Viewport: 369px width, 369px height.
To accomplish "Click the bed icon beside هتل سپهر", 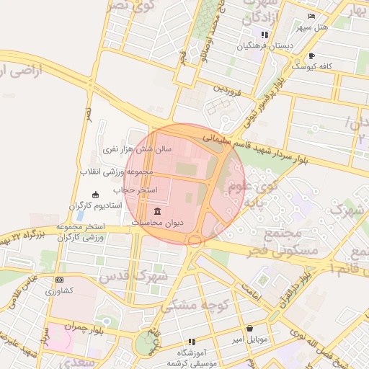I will pos(311,17).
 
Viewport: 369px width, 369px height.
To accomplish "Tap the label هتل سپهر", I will pos(311,27).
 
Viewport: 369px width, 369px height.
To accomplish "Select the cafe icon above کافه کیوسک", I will pos(311,55).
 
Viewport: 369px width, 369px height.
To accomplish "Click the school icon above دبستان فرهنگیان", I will pos(265,35).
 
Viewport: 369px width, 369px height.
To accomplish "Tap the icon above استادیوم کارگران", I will pos(96,195).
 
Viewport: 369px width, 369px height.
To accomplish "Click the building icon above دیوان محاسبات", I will pos(158,211).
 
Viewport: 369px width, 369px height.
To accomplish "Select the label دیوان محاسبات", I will pos(158,223).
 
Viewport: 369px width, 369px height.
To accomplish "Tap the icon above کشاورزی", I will pos(59,280).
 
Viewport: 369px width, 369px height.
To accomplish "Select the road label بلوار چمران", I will pos(75,325).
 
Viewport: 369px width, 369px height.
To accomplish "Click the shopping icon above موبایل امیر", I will pos(249,328).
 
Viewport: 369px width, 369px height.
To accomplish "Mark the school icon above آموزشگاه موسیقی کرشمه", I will pos(192,342).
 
